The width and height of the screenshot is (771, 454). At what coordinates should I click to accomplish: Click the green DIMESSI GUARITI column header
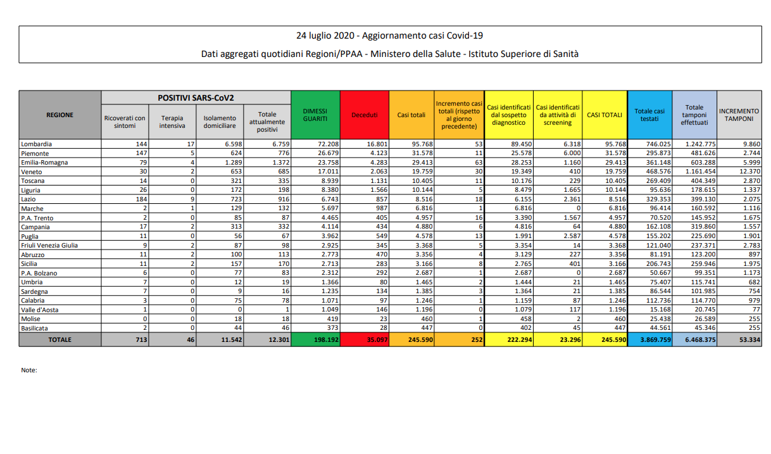coord(315,115)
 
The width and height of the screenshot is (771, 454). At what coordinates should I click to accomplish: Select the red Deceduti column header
coord(364,115)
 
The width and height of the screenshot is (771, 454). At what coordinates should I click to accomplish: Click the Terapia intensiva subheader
coord(172,122)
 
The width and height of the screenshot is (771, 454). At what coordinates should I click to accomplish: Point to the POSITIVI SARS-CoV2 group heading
coord(196,98)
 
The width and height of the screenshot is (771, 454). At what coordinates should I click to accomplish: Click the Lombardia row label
coord(36,144)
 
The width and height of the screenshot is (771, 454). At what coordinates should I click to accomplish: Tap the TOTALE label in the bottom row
coord(60,339)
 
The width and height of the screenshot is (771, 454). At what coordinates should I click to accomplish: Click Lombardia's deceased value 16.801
coord(373,144)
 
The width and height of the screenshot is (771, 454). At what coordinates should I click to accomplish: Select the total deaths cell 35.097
coord(373,339)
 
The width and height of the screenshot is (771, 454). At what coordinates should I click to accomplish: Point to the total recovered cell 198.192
coord(323,339)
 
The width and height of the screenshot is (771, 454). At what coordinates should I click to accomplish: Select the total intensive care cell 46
coord(189,339)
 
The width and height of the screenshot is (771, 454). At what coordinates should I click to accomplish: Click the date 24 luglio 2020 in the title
coord(323,35)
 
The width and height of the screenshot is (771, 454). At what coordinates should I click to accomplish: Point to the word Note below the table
coord(29,370)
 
